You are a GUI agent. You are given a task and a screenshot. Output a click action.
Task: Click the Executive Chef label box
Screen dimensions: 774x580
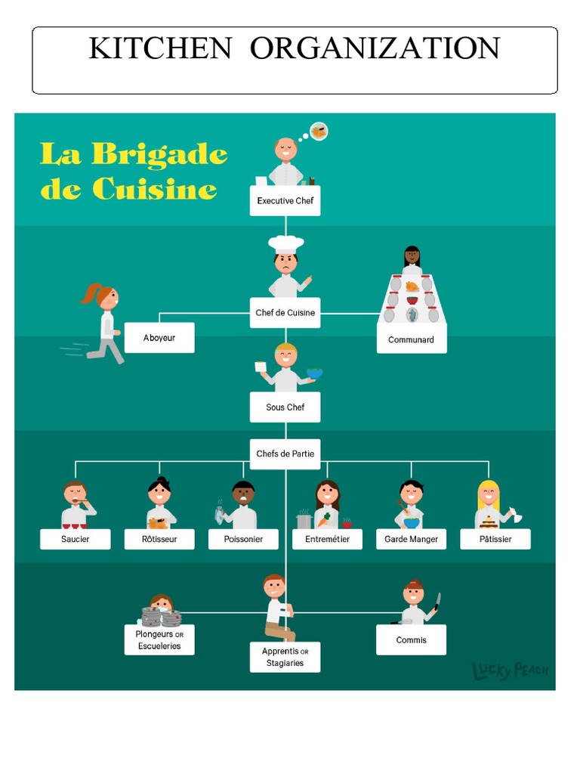(x=285, y=201)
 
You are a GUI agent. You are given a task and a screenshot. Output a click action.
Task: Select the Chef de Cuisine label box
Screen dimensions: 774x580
(x=285, y=313)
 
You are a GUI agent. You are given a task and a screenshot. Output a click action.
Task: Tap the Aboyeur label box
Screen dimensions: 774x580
(x=159, y=338)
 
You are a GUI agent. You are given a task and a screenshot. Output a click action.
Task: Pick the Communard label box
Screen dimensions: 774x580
(x=412, y=340)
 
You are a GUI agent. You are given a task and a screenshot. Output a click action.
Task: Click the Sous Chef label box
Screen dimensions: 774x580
(x=285, y=407)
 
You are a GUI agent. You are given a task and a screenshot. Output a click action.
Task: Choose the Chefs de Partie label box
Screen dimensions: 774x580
(x=285, y=454)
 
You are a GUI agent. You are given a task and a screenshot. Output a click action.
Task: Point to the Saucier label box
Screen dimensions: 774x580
(x=75, y=539)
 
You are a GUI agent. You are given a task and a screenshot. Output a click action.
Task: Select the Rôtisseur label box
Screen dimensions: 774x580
(x=159, y=539)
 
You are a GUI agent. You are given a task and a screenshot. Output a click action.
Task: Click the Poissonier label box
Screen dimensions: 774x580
(x=243, y=539)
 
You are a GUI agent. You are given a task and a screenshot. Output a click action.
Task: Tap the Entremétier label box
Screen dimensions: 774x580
(x=327, y=539)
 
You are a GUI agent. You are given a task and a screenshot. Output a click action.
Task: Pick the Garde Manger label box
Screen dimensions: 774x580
(x=412, y=539)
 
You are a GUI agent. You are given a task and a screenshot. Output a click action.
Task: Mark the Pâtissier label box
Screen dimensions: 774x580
(x=495, y=539)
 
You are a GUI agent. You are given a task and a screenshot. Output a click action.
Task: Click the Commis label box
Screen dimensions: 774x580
(x=412, y=640)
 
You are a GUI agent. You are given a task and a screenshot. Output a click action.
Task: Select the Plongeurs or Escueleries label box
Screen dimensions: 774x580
(x=159, y=640)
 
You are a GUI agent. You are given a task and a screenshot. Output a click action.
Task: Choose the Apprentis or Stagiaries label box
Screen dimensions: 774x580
(x=285, y=657)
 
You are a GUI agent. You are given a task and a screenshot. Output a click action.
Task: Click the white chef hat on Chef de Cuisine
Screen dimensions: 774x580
(x=286, y=244)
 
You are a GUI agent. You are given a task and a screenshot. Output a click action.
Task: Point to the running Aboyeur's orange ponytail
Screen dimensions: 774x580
(x=91, y=293)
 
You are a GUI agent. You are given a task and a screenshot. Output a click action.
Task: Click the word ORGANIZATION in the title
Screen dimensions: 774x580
(x=375, y=48)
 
